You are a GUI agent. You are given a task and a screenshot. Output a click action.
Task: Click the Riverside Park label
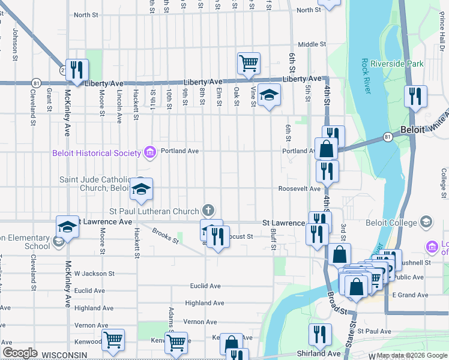[x=397, y=64]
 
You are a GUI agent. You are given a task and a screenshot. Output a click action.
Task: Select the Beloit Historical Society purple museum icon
[x=149, y=152]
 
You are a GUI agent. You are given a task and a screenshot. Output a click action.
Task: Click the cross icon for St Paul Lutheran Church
[x=208, y=211]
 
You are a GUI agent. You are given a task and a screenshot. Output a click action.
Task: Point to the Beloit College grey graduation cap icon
[x=426, y=223]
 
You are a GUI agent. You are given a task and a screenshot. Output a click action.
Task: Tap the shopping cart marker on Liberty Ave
[x=249, y=63]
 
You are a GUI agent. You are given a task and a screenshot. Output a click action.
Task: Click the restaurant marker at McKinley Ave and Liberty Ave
[x=77, y=70]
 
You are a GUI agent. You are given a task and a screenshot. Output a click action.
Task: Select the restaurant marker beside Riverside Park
[x=415, y=96]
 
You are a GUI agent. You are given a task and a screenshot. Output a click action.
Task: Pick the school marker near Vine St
[x=269, y=95]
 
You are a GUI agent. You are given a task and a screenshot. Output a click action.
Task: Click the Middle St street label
[x=312, y=44]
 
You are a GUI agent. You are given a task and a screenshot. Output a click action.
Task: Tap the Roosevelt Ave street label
[x=299, y=188]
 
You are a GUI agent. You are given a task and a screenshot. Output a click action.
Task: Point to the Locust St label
[x=240, y=237]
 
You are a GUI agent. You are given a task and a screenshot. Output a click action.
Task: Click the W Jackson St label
[x=94, y=274]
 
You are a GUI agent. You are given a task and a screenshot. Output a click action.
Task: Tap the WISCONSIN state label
[x=63, y=355]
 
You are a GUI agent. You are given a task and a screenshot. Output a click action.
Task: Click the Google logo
[x=20, y=353]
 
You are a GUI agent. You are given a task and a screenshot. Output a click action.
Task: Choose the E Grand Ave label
[x=409, y=295]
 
